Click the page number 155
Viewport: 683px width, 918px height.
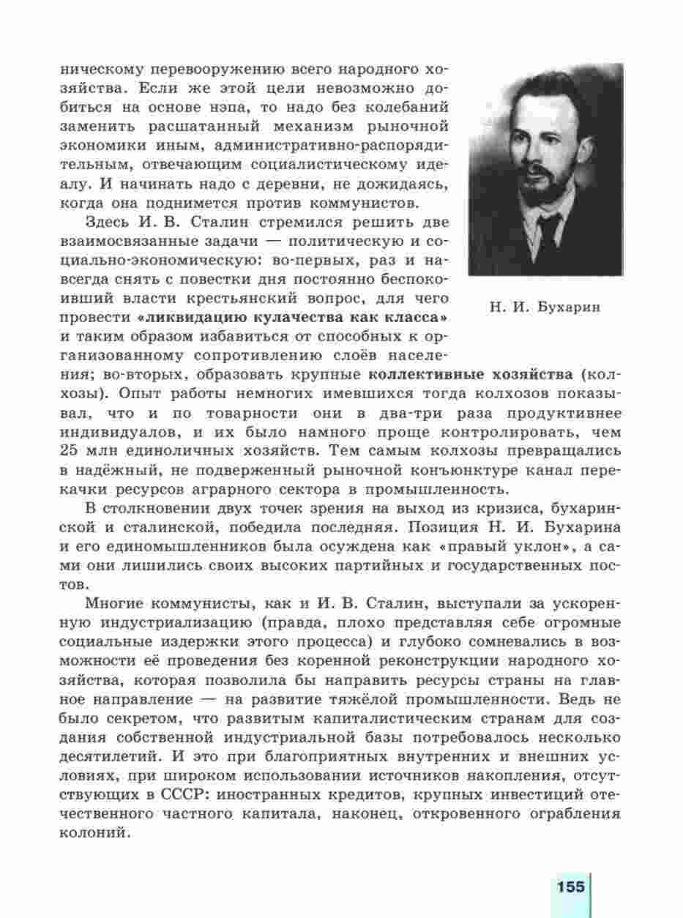point(570,887)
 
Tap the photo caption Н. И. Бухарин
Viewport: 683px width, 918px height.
point(545,307)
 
